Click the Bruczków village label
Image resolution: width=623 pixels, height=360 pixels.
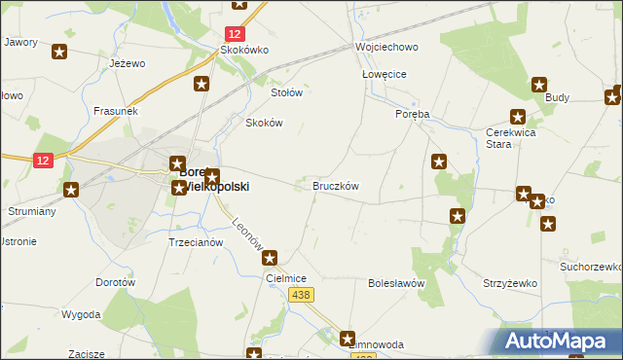coord(336,185)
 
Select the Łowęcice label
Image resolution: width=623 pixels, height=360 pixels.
coord(384,74)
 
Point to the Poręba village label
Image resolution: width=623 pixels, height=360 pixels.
coord(412,113)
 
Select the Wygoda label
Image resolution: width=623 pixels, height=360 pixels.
coord(81,314)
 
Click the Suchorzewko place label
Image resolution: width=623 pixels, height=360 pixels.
coord(590,266)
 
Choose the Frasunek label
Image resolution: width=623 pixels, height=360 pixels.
coord(116,111)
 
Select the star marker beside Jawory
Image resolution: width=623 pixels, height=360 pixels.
coord(60,53)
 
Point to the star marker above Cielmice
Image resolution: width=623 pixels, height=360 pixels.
coord(271,258)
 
